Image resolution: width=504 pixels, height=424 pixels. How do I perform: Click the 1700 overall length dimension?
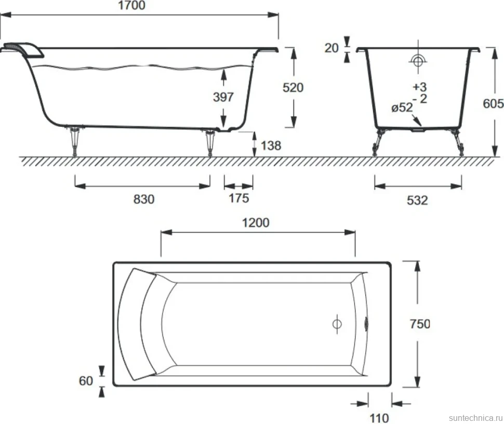(x=132, y=5)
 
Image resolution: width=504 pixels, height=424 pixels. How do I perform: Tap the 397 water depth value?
(x=223, y=97)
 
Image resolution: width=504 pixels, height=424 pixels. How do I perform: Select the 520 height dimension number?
(x=293, y=87)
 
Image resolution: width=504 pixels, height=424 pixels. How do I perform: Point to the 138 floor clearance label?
(x=271, y=145)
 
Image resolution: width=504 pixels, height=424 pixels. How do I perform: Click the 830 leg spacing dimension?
(x=144, y=200)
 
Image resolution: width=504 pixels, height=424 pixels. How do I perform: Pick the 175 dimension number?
(x=238, y=198)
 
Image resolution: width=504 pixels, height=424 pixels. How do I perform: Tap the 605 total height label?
(x=493, y=103)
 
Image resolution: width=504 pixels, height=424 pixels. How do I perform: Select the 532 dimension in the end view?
(x=417, y=200)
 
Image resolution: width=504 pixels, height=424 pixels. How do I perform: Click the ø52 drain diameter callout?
(x=402, y=108)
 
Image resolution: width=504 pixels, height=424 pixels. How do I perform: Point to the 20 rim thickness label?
(x=331, y=48)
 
